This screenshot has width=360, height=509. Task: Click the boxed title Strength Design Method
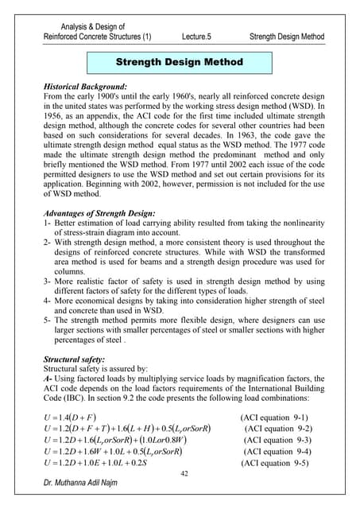click(180, 61)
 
